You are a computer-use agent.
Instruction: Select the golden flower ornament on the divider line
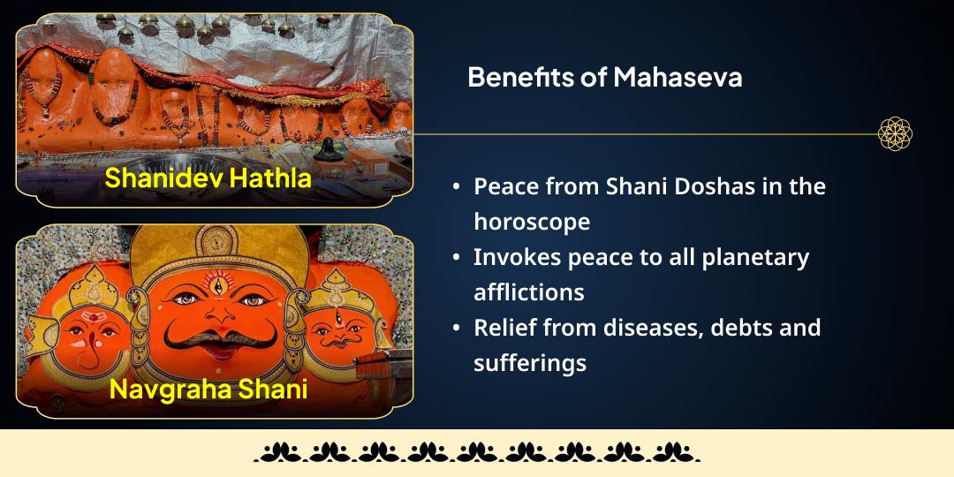click(x=895, y=134)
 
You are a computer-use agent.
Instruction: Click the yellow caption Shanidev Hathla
click(x=208, y=178)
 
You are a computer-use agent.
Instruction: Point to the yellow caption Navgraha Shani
click(x=208, y=389)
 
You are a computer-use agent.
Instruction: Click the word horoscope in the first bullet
click(x=532, y=222)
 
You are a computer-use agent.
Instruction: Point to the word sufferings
click(x=530, y=362)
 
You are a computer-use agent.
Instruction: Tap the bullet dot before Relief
click(x=456, y=329)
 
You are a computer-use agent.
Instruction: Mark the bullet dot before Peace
click(x=456, y=187)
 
